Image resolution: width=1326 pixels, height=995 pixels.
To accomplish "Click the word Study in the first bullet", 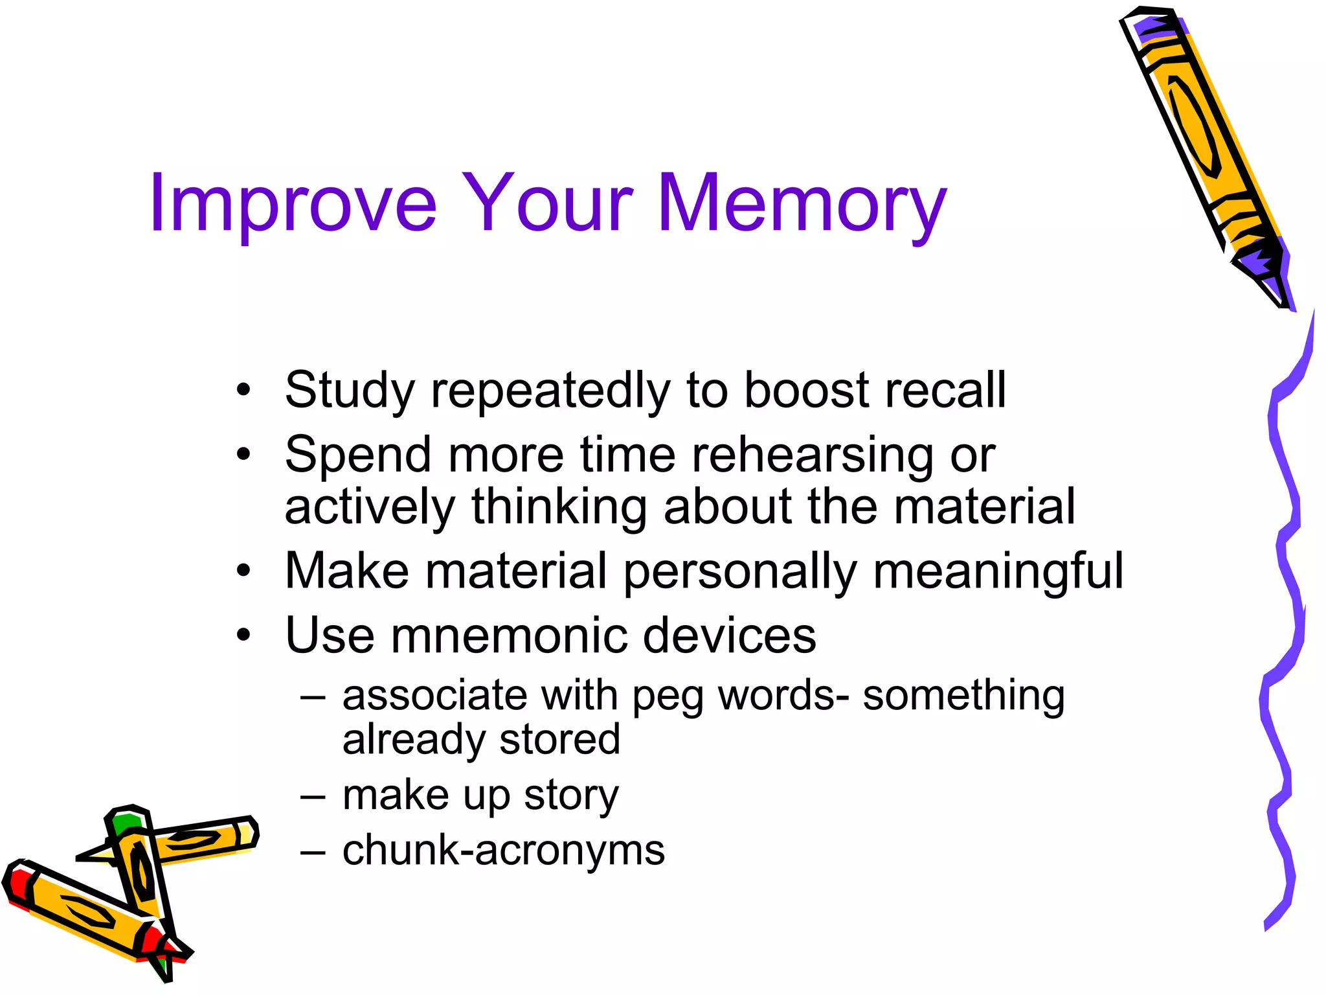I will [x=350, y=390].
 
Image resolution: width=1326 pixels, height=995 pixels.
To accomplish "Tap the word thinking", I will [x=559, y=506].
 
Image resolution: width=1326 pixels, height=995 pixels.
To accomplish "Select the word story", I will [x=571, y=795].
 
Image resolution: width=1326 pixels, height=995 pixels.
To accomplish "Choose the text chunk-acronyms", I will [x=503, y=849].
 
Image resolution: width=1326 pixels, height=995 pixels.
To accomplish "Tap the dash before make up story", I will [x=313, y=795].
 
